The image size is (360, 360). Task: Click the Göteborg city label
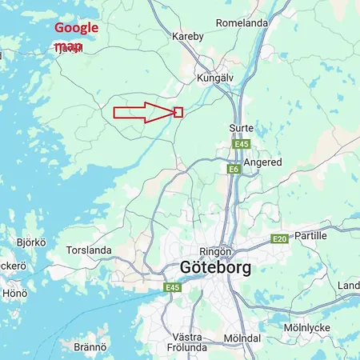tap(215, 267)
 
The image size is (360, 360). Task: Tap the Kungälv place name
tap(214, 78)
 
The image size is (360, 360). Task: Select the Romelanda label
tap(242, 23)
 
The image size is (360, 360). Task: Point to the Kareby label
tap(188, 37)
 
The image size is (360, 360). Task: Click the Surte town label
tap(241, 128)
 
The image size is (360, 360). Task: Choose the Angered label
tap(263, 162)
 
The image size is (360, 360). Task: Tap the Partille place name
tap(310, 236)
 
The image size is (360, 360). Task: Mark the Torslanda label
tap(89, 250)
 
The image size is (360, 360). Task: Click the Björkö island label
tap(31, 242)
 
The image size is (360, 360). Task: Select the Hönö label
tap(14, 294)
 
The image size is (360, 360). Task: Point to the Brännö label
tap(90, 347)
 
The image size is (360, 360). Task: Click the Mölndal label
tap(242, 338)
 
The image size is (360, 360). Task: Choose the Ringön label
tap(215, 249)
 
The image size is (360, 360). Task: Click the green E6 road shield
tap(234, 170)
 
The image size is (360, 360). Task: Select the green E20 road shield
tap(279, 239)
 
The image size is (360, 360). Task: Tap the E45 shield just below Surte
tap(241, 144)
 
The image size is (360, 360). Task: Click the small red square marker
tap(178, 112)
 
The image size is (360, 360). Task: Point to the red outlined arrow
tap(142, 112)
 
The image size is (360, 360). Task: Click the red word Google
tap(76, 28)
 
